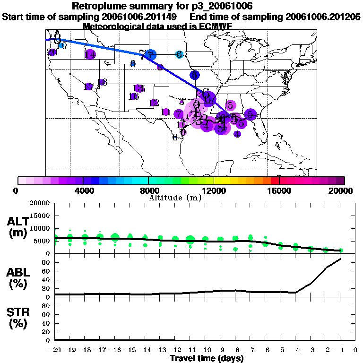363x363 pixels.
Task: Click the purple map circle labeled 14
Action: [90, 54]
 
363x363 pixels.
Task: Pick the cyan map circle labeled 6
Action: [179, 54]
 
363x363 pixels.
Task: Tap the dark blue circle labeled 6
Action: [194, 75]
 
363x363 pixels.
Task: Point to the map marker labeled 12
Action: [154, 103]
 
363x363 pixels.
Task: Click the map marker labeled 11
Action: [165, 112]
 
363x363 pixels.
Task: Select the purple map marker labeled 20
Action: [52, 52]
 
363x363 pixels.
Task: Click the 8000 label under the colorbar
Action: [148, 191]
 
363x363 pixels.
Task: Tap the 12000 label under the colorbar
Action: [214, 191]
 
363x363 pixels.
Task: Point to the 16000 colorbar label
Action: [279, 191]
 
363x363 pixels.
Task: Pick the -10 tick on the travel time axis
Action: [205, 350]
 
